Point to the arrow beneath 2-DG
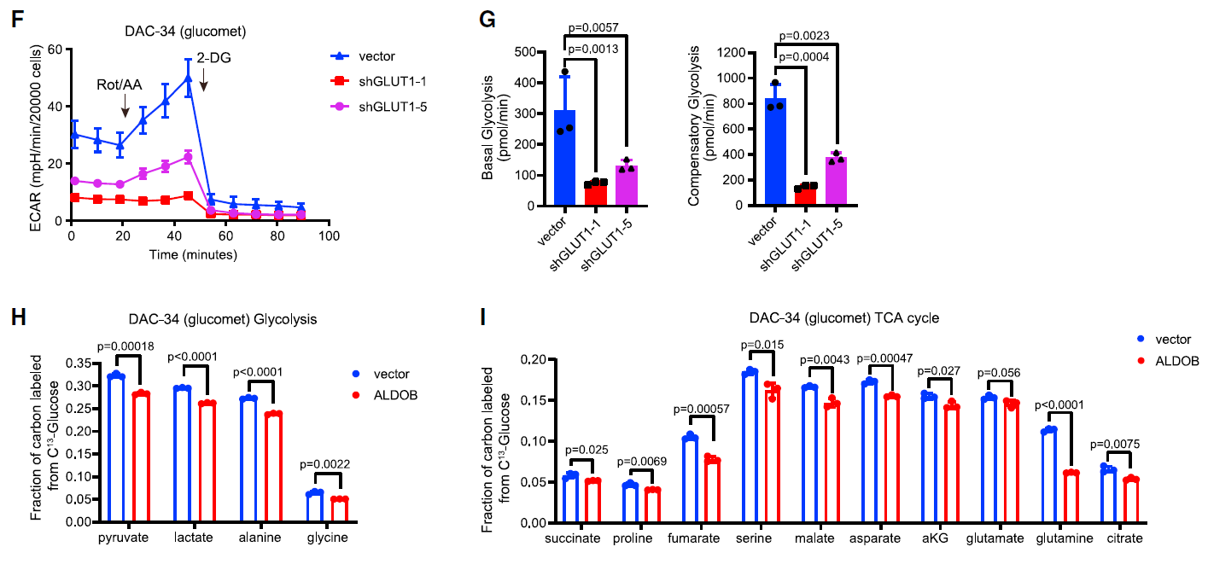tap(204, 83)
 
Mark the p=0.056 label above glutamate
tap(999, 373)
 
